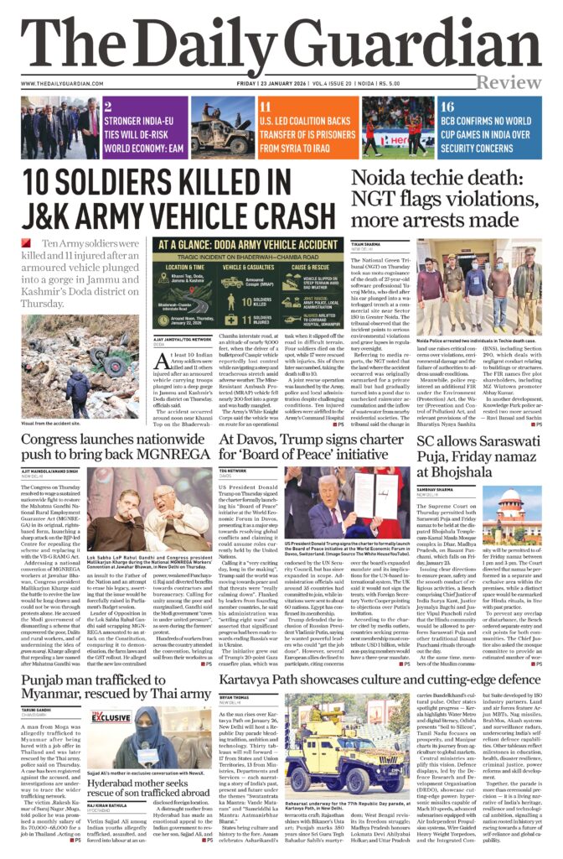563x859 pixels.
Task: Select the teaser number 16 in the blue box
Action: pyautogui.click(x=447, y=107)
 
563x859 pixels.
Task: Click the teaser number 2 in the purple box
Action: pyautogui.click(x=108, y=107)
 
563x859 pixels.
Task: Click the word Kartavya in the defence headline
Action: pyautogui.click(x=256, y=676)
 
